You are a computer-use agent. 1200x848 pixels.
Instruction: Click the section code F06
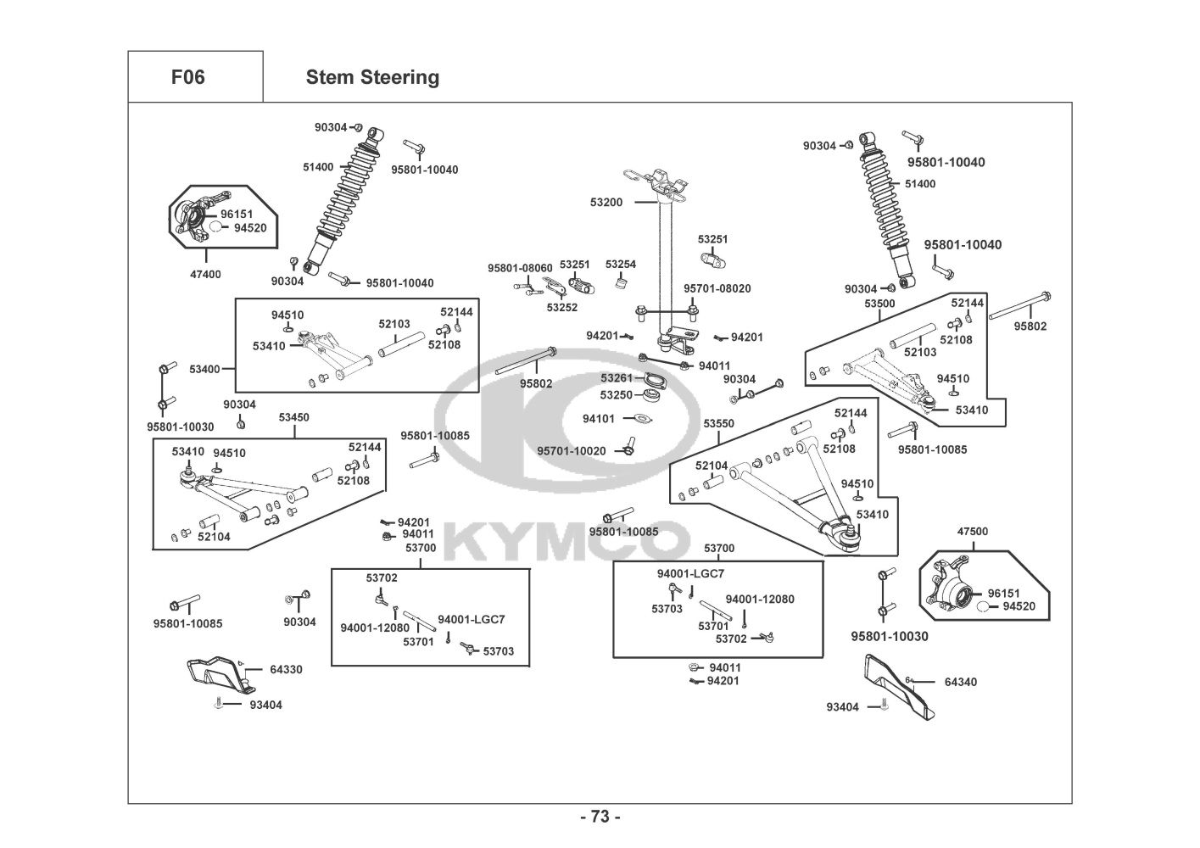(187, 77)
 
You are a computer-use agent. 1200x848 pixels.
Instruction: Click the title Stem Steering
(372, 77)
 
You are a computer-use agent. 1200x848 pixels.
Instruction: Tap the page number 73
(600, 817)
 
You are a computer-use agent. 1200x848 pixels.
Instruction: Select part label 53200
(606, 203)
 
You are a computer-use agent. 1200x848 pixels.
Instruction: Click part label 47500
(972, 532)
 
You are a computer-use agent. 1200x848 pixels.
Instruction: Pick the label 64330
(286, 670)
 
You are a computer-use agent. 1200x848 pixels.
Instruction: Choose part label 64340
(960, 682)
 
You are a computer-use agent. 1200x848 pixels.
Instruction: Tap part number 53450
(293, 417)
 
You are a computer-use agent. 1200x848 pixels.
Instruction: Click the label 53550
(718, 423)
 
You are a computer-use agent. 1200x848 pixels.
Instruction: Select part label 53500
(879, 303)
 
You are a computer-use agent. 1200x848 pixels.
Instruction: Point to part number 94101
(599, 419)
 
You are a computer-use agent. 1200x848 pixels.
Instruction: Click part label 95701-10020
(572, 450)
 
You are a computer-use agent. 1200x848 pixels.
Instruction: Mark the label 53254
(620, 265)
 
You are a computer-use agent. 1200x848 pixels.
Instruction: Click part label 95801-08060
(520, 268)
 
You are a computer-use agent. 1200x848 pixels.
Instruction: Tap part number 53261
(617, 378)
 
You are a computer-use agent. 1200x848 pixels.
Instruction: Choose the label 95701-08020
(717, 288)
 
